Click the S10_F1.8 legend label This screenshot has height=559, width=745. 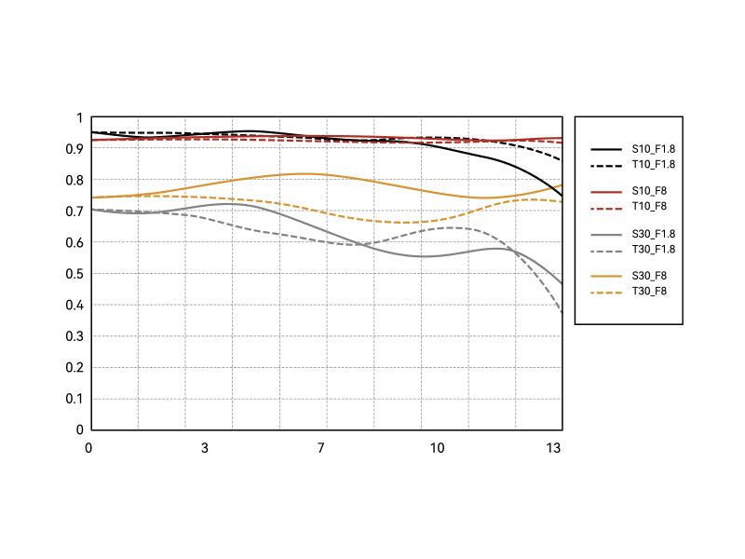[653, 149]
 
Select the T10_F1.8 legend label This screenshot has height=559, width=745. [653, 164]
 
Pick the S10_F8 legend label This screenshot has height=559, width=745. [649, 191]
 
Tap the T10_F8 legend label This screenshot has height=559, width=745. [649, 206]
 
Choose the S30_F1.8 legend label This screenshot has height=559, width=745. [653, 234]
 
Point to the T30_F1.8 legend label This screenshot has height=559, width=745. [653, 249]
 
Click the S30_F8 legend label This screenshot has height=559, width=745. [649, 276]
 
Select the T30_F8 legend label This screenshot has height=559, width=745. [649, 291]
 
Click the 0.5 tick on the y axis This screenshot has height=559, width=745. [75, 274]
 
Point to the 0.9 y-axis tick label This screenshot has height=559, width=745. [75, 149]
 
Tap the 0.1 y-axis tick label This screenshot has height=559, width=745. [75, 399]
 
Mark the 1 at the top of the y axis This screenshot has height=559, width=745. [80, 117]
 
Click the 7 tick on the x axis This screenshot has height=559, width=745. [321, 448]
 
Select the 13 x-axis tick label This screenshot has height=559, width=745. [553, 448]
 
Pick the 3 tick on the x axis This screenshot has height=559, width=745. [205, 448]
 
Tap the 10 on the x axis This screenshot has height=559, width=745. [437, 448]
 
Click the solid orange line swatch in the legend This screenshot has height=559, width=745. [606, 276]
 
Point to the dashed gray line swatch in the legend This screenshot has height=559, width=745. [606, 249]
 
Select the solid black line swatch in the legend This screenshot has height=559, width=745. [606, 149]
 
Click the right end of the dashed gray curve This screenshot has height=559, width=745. [562, 312]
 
